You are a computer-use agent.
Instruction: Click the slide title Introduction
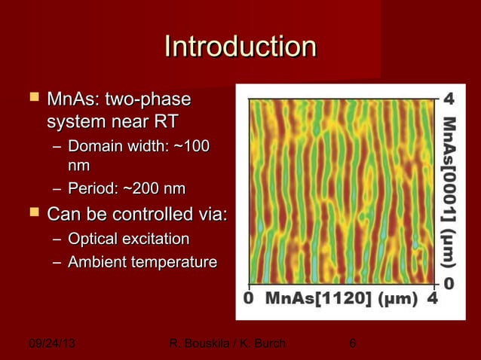pyautogui.click(x=240, y=47)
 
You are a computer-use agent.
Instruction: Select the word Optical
pyautogui.click(x=92, y=239)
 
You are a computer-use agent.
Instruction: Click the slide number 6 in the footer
pyautogui.click(x=351, y=344)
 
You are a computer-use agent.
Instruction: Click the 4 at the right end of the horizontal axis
pyautogui.click(x=432, y=298)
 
